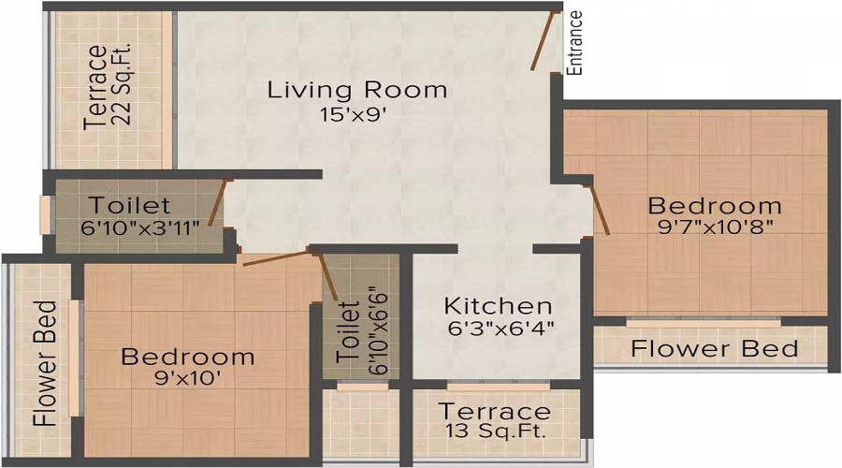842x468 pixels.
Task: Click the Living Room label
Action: coord(356,91)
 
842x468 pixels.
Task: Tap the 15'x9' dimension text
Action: coord(353,115)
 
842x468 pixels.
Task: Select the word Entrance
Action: coord(576,42)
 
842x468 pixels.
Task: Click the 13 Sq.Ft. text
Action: coord(495,431)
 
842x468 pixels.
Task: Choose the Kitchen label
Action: coord(498,306)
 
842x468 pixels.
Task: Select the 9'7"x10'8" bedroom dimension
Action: coord(715,227)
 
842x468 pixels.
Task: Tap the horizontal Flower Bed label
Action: coord(715,349)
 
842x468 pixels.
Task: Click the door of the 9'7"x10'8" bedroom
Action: coord(597,208)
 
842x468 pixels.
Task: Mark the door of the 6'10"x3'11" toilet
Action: coord(217,201)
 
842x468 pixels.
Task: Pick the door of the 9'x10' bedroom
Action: coord(277,257)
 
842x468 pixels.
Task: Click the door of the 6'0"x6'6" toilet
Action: coord(328,275)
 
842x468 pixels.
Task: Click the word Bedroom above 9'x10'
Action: coord(187,357)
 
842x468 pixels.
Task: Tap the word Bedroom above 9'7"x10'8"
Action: coord(715,206)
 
